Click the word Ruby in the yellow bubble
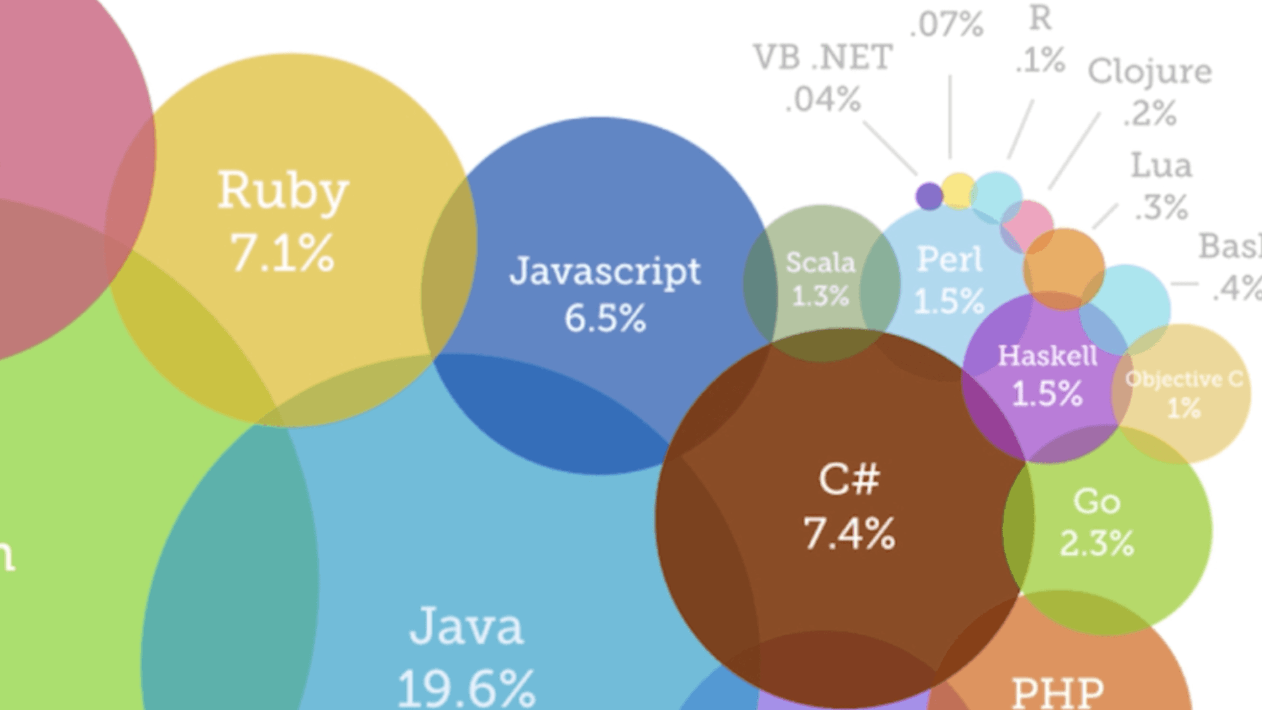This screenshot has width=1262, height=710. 283,191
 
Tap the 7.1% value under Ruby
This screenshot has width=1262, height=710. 283,253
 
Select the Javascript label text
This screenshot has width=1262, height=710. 605,271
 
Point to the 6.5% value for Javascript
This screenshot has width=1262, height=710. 605,318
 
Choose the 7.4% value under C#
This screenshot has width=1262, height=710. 849,533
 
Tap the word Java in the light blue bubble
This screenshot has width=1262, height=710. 467,627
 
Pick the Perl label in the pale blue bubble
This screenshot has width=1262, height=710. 950,259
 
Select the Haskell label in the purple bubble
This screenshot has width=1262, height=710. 1047,356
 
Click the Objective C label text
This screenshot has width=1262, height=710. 1184,379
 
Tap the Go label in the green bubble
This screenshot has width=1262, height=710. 1096,502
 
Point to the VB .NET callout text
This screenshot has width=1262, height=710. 823,58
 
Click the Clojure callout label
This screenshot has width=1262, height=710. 1150,71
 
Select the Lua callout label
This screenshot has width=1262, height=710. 1161,166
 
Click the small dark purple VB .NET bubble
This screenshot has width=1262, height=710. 929,196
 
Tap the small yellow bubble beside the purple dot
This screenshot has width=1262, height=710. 958,190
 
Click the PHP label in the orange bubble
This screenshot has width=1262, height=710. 1058,692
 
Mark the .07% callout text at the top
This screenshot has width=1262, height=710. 947,25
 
